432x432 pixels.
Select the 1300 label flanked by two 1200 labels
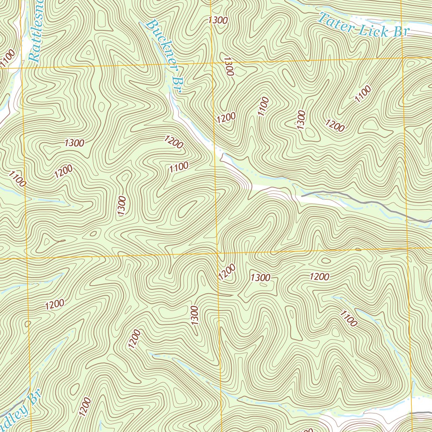tap(260, 277)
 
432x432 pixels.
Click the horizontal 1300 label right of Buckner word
tap(218, 20)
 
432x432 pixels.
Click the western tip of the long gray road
tap(302, 195)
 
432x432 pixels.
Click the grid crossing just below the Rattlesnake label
tap(22, 67)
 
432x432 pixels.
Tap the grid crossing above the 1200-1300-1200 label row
tap(219, 253)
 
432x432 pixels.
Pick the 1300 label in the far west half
tap(75, 143)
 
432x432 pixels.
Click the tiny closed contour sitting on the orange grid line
tap(358, 249)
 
